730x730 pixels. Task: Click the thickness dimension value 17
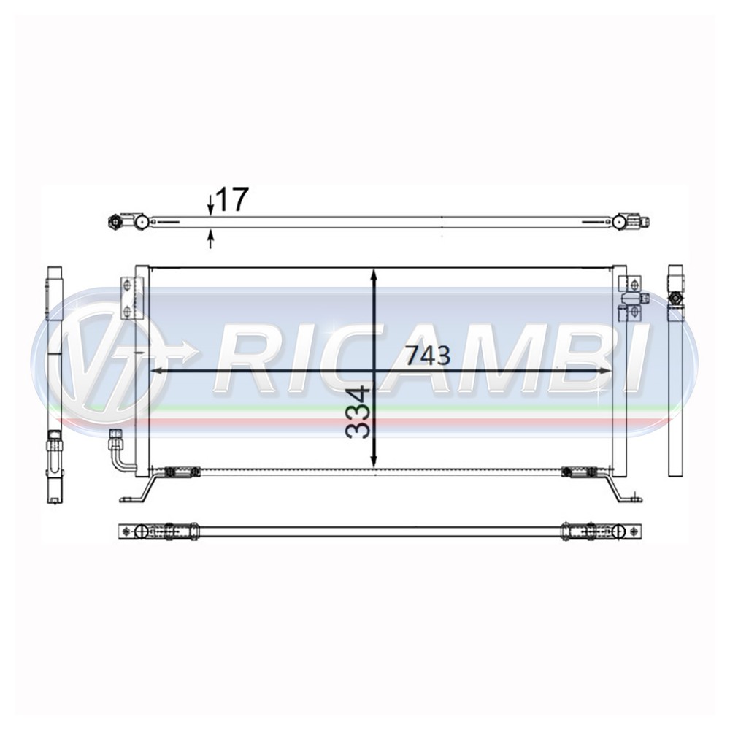[233, 199]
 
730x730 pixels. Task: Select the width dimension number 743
[428, 356]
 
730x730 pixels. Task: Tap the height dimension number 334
[358, 412]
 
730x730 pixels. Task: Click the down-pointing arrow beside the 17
[210, 207]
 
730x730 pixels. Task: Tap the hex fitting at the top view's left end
[115, 221]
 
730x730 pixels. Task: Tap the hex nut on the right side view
[675, 299]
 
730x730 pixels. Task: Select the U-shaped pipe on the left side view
[55, 456]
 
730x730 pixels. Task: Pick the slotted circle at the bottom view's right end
[619, 531]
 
